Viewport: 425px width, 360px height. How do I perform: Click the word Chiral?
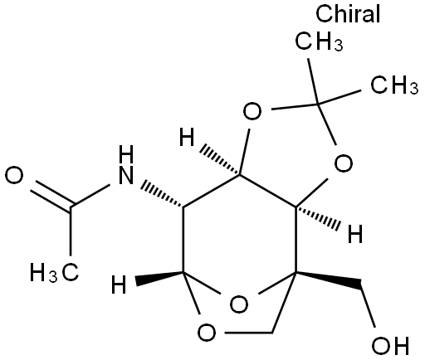(348, 13)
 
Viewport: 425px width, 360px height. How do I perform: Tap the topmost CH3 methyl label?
(319, 41)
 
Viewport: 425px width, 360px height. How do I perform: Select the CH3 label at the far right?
(394, 85)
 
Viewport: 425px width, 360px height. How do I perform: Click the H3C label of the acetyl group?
(54, 272)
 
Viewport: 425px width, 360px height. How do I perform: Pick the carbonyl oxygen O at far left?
(14, 176)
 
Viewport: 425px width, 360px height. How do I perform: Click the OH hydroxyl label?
(390, 345)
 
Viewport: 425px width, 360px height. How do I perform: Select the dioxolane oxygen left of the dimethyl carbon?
(252, 111)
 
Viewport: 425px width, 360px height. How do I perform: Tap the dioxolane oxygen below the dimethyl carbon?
(344, 163)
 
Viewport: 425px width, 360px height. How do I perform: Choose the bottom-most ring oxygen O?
(207, 333)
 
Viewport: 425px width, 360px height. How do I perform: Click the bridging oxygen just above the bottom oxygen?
(239, 304)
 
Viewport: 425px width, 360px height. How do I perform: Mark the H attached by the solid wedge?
(119, 284)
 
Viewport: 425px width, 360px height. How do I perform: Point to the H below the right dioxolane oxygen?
(355, 234)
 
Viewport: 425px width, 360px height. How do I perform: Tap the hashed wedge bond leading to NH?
(162, 194)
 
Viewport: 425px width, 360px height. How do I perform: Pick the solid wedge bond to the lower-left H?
(159, 278)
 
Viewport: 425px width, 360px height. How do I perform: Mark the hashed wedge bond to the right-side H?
(318, 217)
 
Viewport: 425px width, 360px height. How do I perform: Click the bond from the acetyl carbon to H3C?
(71, 231)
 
